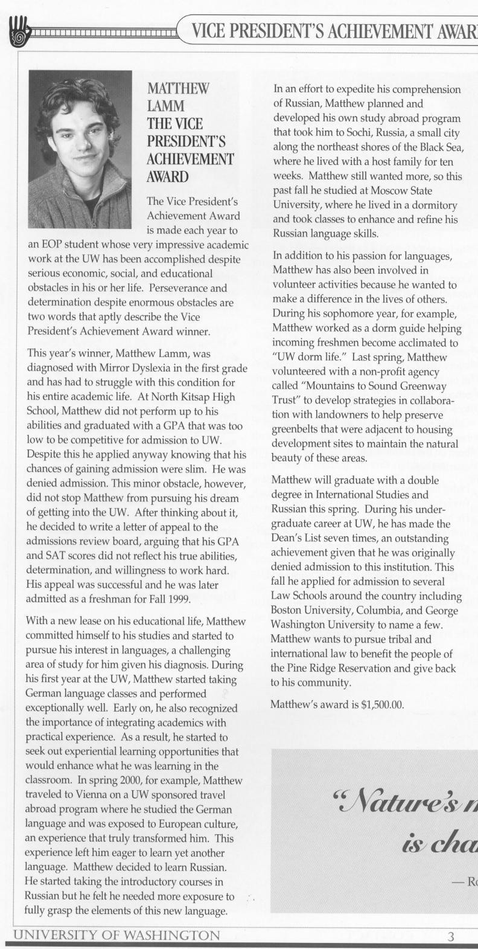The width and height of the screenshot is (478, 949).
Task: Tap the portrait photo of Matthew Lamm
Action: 80,149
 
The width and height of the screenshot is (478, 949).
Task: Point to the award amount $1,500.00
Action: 381,704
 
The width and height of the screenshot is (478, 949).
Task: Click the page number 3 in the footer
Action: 450,937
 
